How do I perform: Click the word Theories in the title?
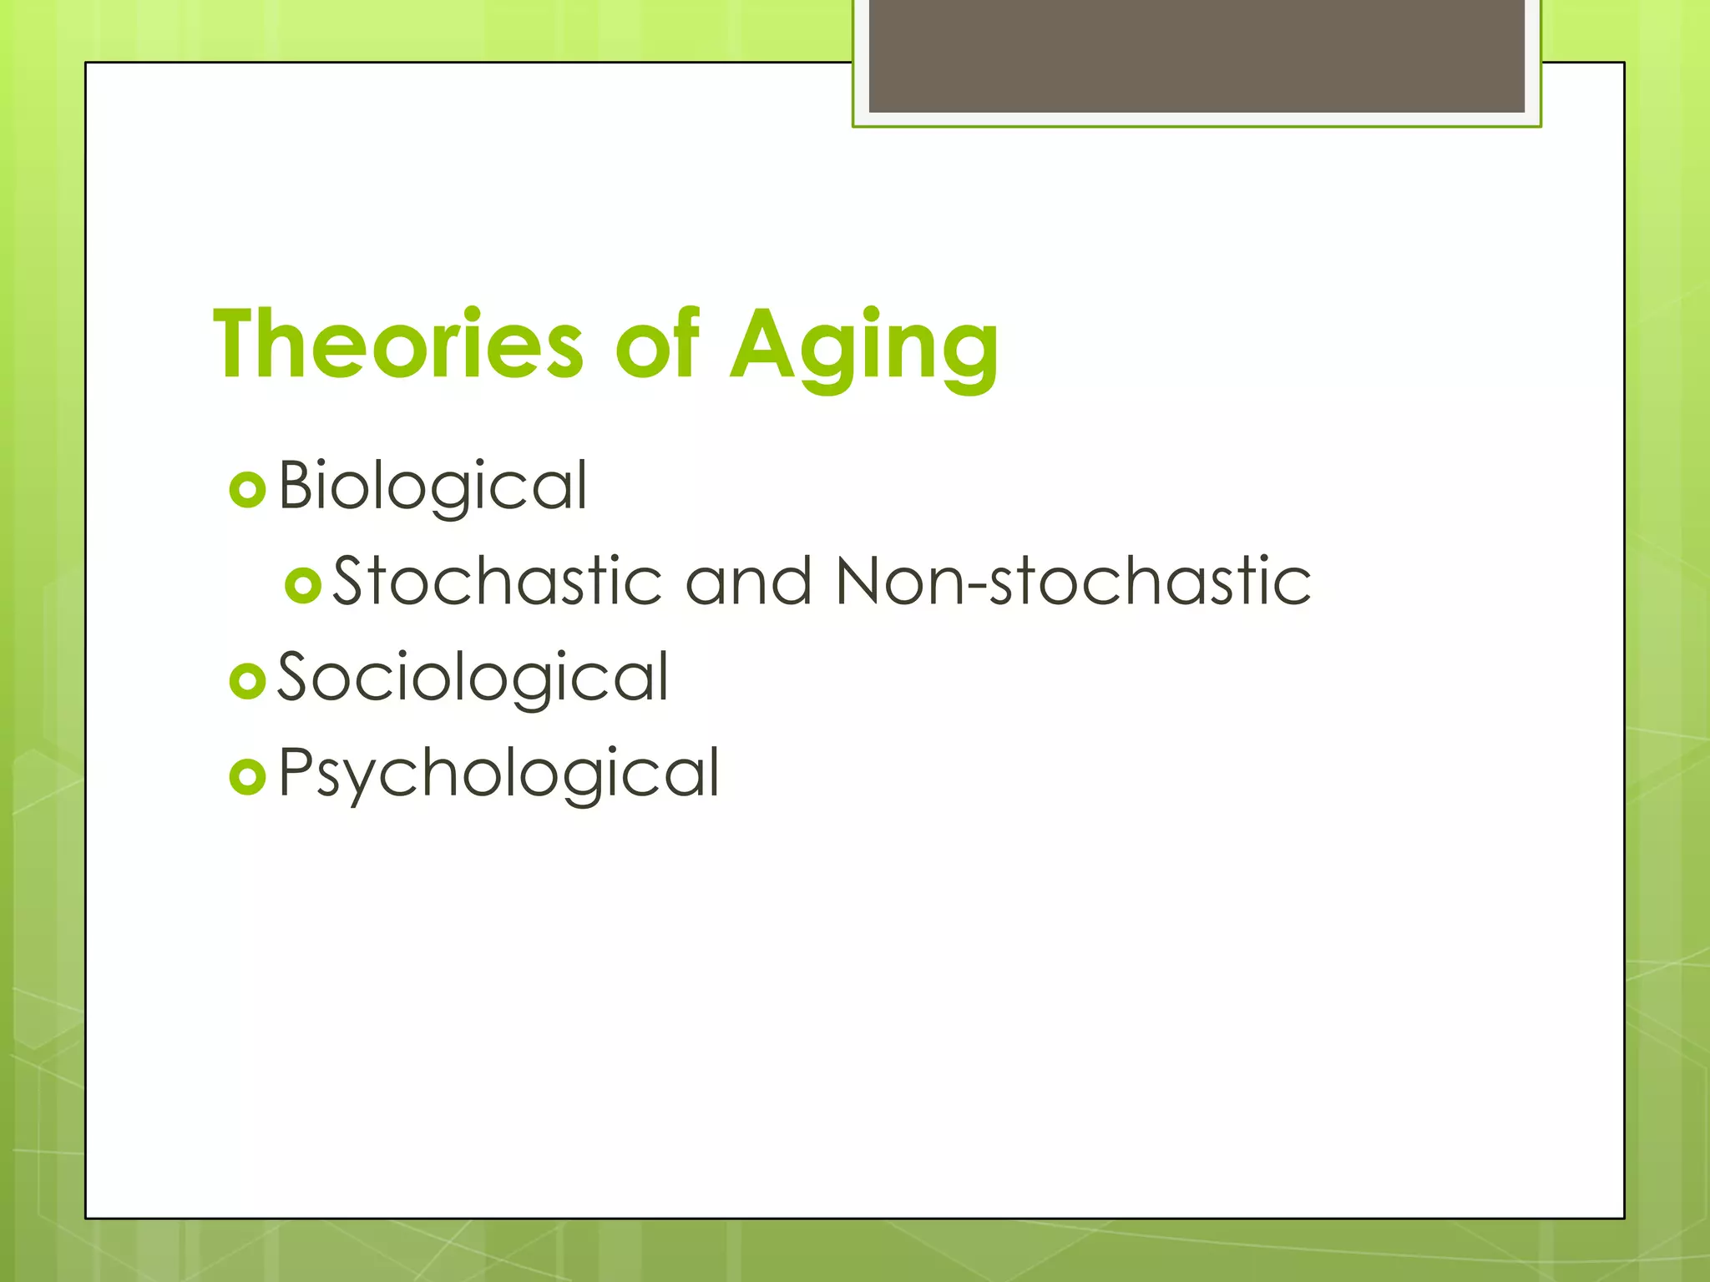pos(398,344)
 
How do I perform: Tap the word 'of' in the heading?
pos(656,344)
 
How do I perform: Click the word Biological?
pos(433,486)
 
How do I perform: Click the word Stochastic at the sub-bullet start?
pos(498,581)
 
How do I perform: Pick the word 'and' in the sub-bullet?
pos(748,581)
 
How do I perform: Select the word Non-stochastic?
pos(1073,581)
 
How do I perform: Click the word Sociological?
pos(473,678)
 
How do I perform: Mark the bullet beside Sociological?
pos(247,681)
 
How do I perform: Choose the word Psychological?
pos(498,773)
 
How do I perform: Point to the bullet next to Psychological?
pos(247,777)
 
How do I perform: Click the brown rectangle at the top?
pos(1196,55)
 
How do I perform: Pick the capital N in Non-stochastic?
pos(860,581)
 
